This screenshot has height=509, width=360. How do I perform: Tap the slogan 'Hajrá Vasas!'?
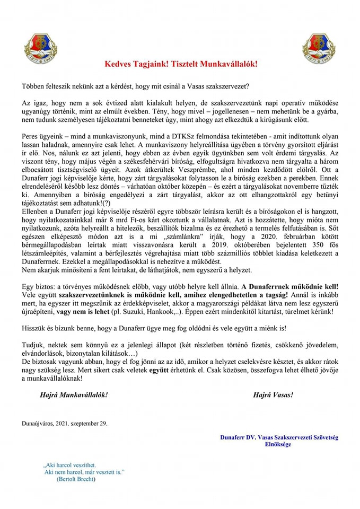(x=273, y=394)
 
